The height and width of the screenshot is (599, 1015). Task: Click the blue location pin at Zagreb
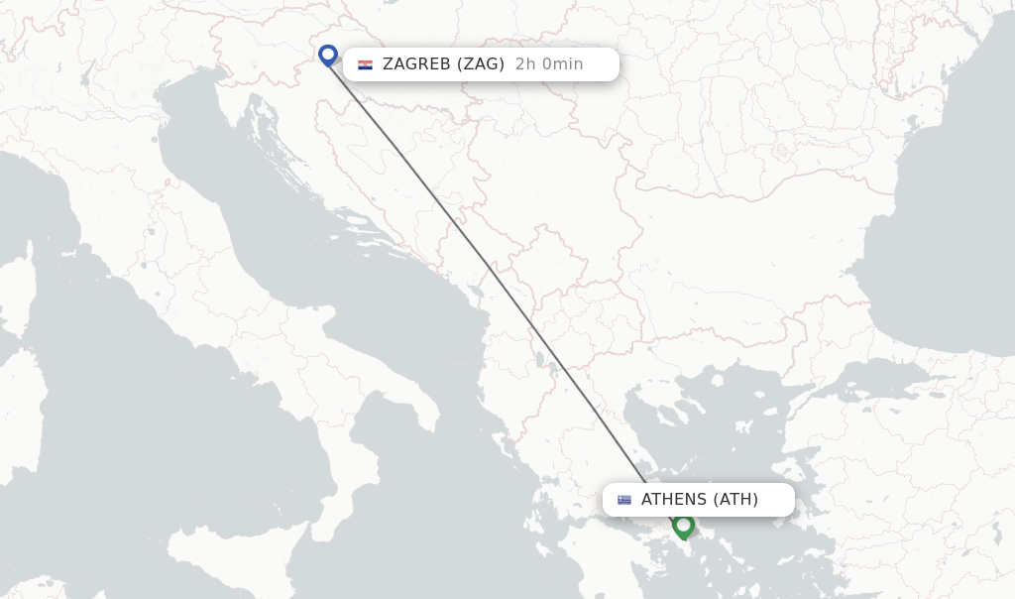pyautogui.click(x=328, y=54)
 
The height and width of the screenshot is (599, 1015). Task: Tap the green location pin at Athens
pyautogui.click(x=683, y=525)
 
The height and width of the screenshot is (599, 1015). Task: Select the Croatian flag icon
pyautogui.click(x=365, y=64)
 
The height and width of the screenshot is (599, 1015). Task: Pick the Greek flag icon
pyautogui.click(x=624, y=500)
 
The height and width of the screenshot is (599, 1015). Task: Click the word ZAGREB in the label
pyautogui.click(x=415, y=64)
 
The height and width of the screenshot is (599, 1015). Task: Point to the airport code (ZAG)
pyautogui.click(x=481, y=64)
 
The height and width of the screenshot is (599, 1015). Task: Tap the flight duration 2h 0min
pyautogui.click(x=549, y=64)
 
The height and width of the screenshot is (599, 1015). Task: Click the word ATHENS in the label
pyautogui.click(x=674, y=500)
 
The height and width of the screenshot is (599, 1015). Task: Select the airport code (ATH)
pyautogui.click(x=735, y=500)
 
